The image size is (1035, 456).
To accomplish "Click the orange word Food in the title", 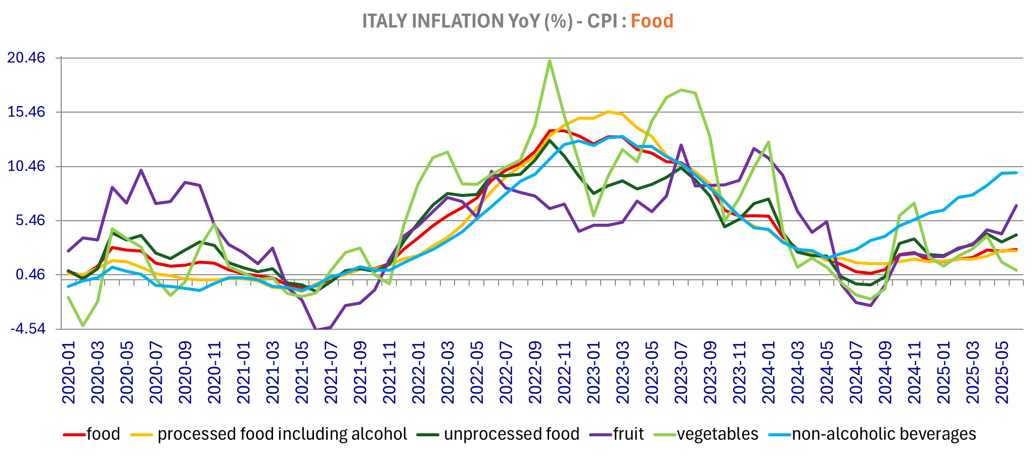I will point(652,21).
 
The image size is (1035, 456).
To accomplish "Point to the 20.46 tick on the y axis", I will point(26,58).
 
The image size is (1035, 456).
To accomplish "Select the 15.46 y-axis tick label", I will point(26,112).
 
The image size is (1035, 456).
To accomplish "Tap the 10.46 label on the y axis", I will point(26,167).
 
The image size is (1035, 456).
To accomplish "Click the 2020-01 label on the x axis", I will point(69,373).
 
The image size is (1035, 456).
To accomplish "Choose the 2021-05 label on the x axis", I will point(302,373).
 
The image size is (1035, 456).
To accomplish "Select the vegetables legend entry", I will point(717,434).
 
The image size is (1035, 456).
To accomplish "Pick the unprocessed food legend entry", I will point(511,434).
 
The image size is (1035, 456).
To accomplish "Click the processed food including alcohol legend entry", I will point(282,434).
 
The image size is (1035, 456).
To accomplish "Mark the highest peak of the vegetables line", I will point(550,61).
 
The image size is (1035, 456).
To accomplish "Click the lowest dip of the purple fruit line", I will point(317,330).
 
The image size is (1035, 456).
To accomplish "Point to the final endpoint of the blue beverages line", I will point(1016,173).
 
